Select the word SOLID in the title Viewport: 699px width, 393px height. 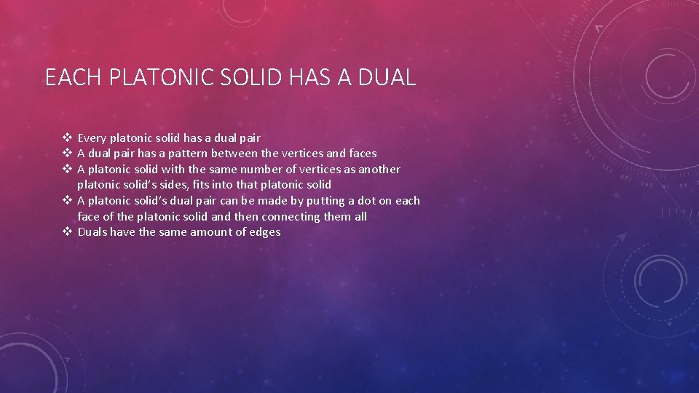(251, 77)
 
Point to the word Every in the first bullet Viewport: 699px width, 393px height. (92, 138)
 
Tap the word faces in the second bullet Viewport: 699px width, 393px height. (363, 154)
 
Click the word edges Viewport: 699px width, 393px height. (265, 232)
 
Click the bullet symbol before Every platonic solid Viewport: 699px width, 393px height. (67, 138)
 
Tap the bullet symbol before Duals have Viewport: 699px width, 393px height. (67, 232)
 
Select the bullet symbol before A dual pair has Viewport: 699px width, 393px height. (67, 154)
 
